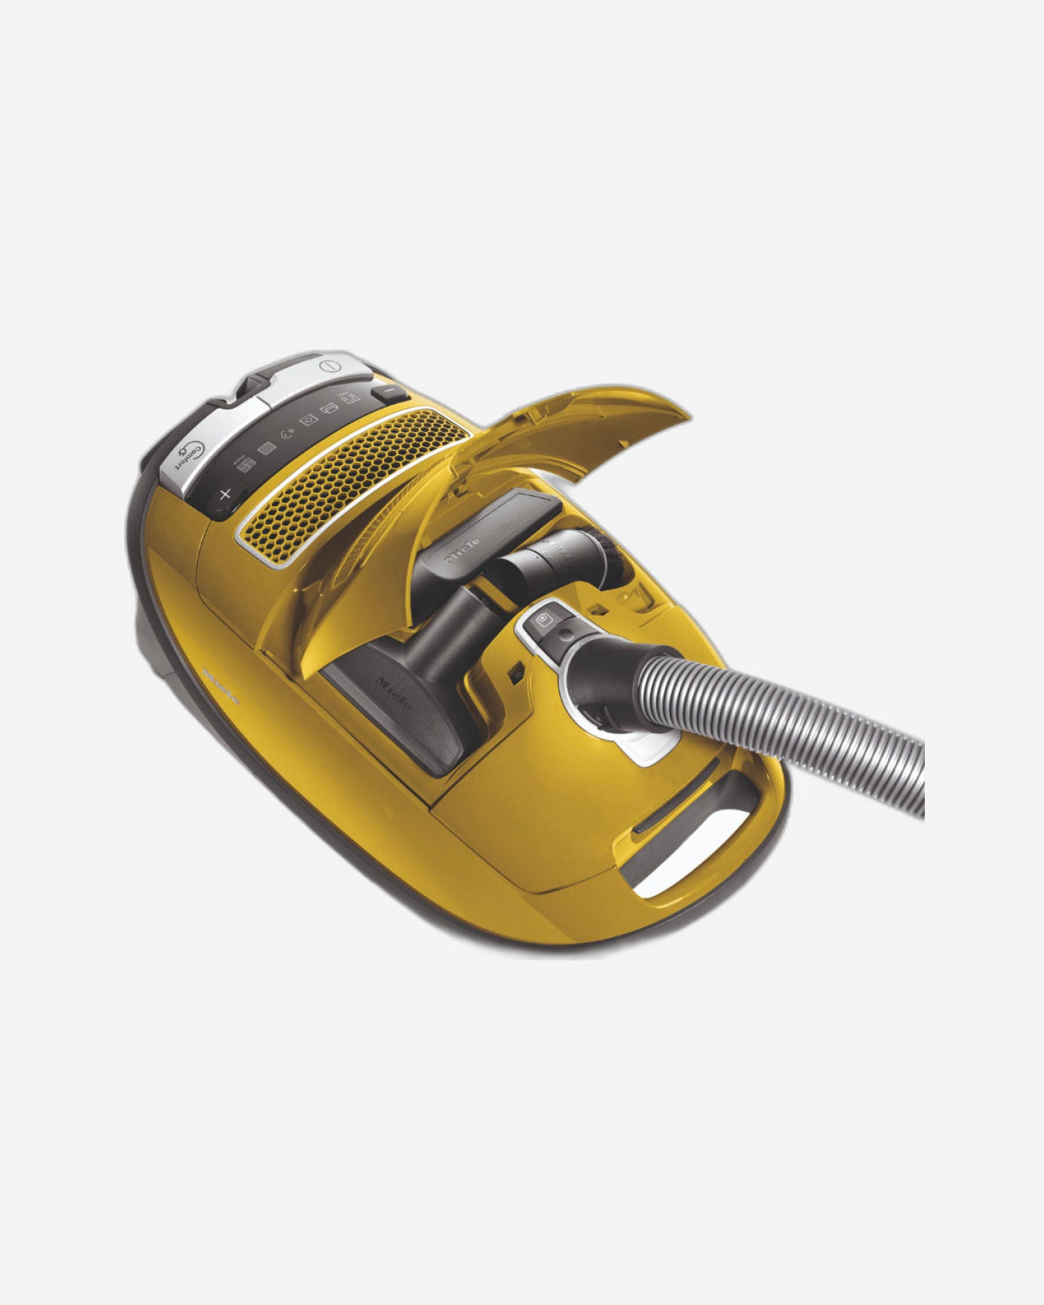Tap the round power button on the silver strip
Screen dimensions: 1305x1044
click(330, 366)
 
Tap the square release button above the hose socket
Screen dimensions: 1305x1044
click(545, 620)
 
